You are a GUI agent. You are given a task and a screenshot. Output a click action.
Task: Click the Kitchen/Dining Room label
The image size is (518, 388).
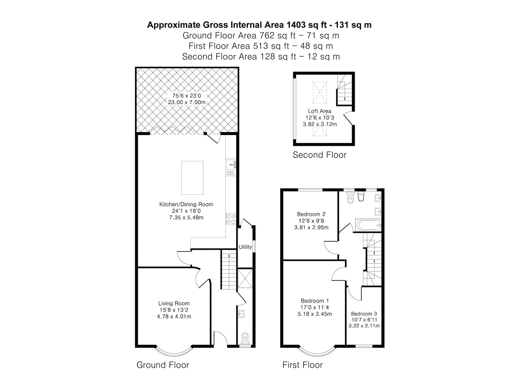186,204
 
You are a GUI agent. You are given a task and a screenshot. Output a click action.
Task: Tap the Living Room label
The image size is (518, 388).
174,303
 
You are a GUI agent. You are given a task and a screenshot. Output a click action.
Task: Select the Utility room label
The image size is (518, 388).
245,247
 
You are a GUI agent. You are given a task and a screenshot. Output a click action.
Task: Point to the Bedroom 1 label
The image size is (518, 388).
315,301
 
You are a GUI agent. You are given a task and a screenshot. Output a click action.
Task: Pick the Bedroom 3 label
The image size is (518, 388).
364,313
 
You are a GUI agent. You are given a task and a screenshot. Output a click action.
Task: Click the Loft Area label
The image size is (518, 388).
319,111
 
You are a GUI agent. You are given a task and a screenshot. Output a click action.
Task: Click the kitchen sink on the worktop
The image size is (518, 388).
231,165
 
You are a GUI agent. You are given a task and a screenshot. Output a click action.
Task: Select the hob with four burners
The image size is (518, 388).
231,219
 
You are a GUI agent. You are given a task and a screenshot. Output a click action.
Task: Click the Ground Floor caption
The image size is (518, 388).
163,365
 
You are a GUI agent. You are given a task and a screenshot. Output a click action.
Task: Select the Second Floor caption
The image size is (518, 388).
319,155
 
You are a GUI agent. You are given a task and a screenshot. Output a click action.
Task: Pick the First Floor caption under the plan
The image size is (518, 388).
303,365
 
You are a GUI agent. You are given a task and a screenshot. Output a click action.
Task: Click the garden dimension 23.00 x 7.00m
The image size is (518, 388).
187,102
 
